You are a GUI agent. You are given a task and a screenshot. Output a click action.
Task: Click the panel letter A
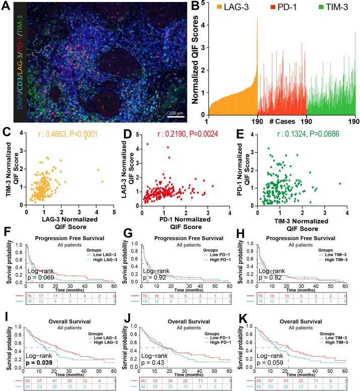tap(7, 7)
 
